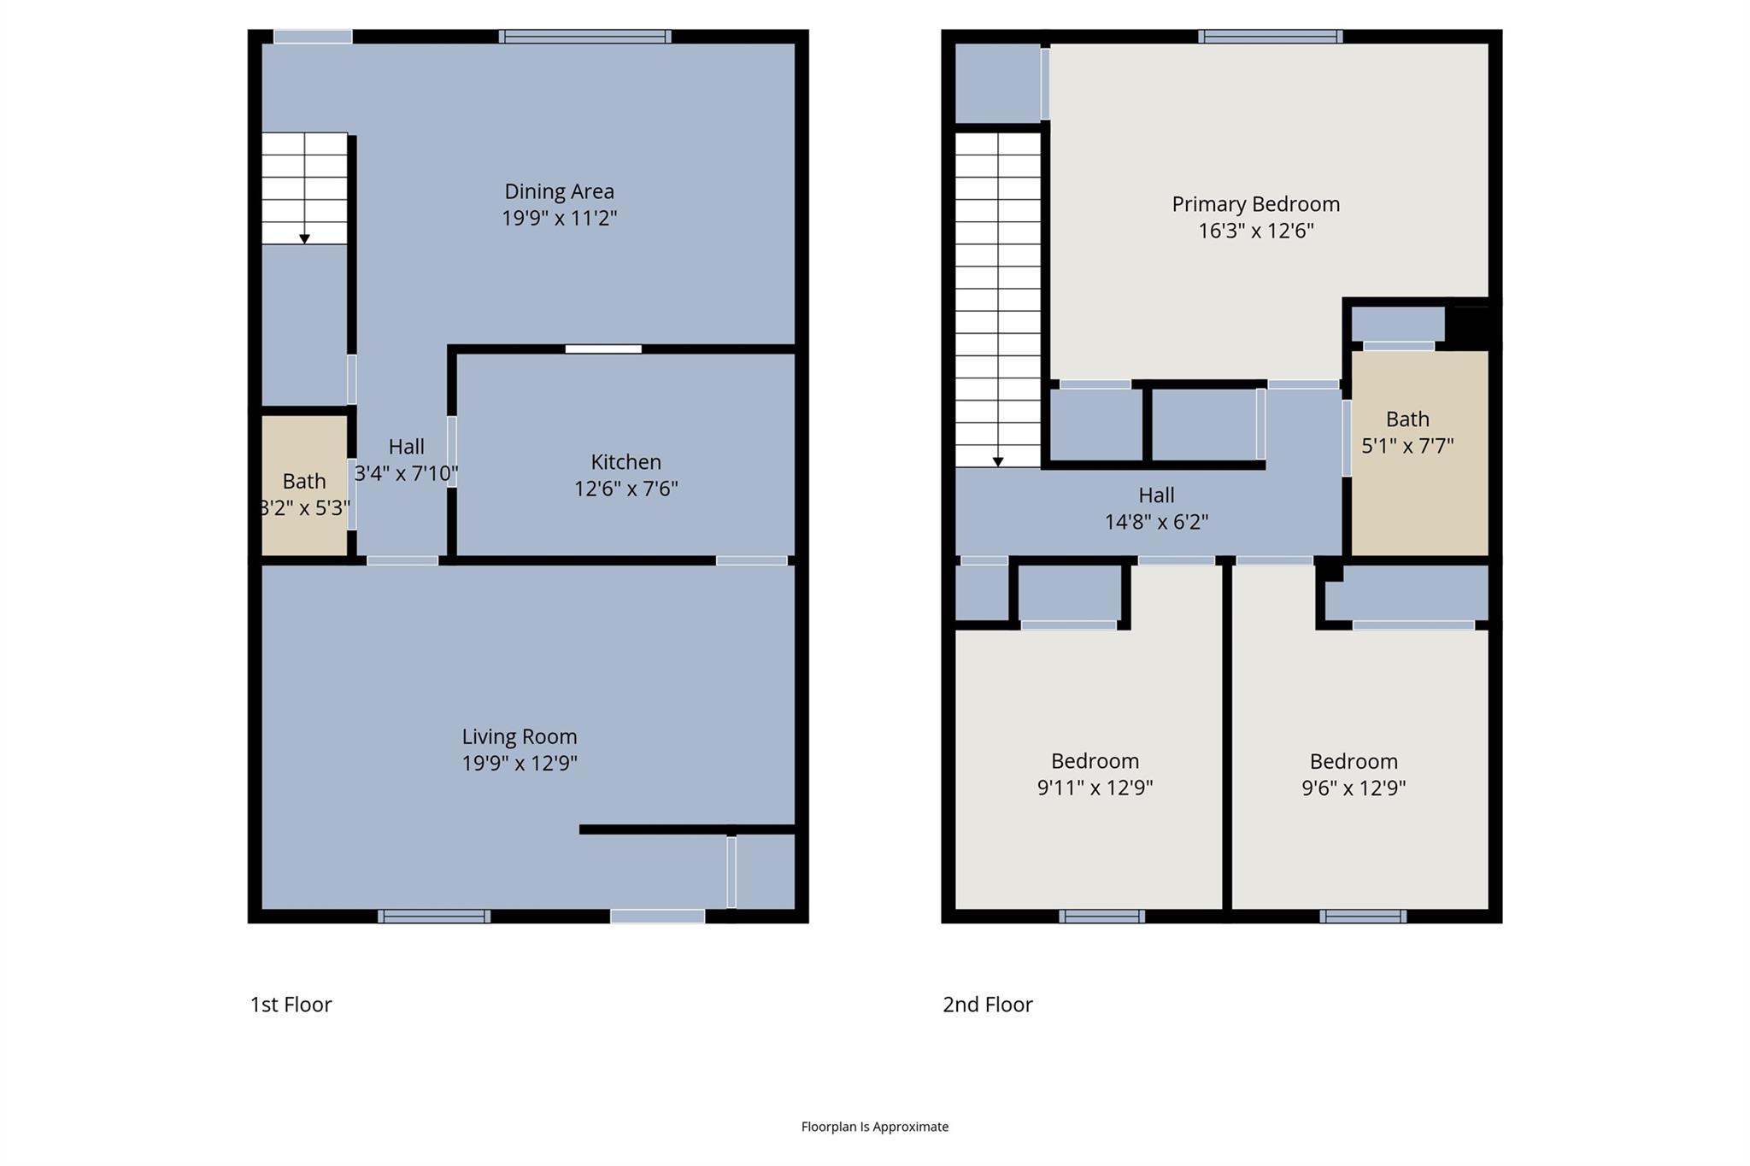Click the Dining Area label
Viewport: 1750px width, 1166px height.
click(559, 191)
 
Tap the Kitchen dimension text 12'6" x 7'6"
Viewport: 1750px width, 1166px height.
click(625, 489)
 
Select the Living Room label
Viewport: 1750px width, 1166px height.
click(520, 736)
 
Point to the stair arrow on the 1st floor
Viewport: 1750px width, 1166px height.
click(304, 239)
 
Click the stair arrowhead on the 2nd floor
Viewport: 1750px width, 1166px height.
click(997, 462)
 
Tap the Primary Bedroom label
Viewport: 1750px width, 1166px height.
click(1255, 204)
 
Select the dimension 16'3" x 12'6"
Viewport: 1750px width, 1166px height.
click(1255, 231)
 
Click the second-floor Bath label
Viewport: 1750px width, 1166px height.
click(1406, 419)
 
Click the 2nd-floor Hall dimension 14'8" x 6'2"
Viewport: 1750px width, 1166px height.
click(1156, 522)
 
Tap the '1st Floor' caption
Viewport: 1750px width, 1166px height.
click(291, 1005)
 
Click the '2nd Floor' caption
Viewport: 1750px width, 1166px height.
click(987, 1005)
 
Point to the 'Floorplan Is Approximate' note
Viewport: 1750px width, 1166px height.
click(874, 1127)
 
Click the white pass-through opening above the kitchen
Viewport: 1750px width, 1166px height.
click(603, 349)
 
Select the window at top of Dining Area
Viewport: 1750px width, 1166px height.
click(584, 36)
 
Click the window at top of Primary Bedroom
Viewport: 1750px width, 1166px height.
click(1270, 36)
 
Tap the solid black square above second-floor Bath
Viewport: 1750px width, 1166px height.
click(1467, 325)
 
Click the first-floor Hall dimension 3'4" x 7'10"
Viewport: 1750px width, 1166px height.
click(406, 473)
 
